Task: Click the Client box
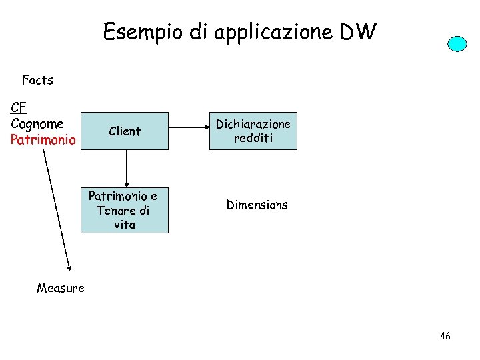pyautogui.click(x=125, y=131)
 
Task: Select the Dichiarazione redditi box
pyautogui.click(x=253, y=131)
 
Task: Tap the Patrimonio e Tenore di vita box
pyautogui.click(x=125, y=211)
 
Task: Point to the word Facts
pyautogui.click(x=37, y=81)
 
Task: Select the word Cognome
pyautogui.click(x=37, y=123)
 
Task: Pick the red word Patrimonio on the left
pyautogui.click(x=43, y=140)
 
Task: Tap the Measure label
pyautogui.click(x=61, y=288)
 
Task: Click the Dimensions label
pyautogui.click(x=257, y=205)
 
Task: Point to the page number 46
pyautogui.click(x=445, y=336)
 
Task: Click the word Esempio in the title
pyautogui.click(x=141, y=31)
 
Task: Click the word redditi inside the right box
pyautogui.click(x=253, y=138)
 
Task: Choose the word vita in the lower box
pyautogui.click(x=125, y=225)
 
